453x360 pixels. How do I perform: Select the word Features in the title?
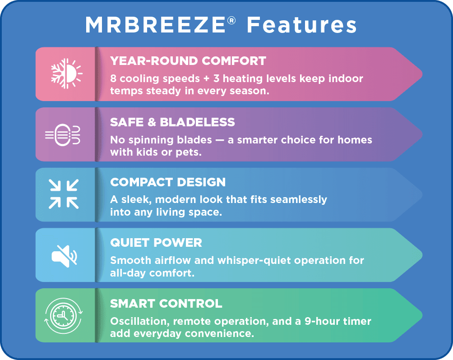[301, 26]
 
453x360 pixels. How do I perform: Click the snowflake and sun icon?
[66, 74]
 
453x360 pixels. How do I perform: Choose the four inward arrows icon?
[64, 194]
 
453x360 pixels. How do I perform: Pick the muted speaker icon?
[65, 255]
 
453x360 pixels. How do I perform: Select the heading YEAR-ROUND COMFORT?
[188, 60]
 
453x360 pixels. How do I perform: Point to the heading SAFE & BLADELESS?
[172, 122]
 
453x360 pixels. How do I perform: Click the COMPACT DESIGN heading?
[168, 182]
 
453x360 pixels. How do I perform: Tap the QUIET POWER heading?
[156, 243]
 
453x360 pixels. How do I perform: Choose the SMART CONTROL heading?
[166, 303]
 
